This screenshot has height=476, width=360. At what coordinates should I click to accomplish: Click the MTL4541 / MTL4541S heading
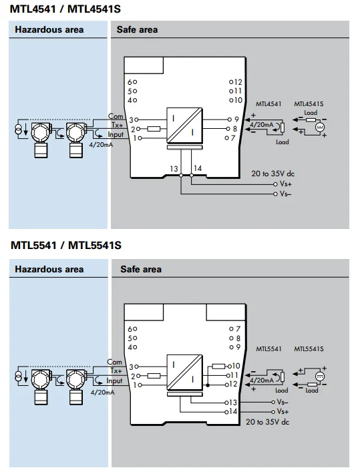click(x=65, y=9)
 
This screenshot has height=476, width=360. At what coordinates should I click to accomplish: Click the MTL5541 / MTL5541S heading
click(x=66, y=245)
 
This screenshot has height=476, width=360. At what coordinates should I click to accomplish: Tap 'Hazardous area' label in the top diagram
click(x=49, y=30)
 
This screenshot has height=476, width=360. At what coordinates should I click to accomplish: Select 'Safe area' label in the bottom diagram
click(x=141, y=269)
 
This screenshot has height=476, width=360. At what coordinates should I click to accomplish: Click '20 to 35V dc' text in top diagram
click(x=273, y=174)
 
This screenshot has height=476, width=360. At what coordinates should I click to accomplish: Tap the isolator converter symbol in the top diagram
click(x=184, y=125)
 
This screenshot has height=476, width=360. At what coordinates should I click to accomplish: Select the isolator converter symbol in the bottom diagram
click(x=184, y=373)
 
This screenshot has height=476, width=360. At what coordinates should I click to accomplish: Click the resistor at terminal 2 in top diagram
click(x=154, y=129)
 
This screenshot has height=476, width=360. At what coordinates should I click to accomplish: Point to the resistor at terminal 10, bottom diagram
click(x=218, y=367)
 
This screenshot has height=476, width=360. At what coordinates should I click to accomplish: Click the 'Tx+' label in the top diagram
click(x=118, y=125)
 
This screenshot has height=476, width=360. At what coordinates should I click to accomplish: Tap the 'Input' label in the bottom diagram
click(x=114, y=381)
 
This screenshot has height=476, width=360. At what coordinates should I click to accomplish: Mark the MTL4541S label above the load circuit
click(x=309, y=104)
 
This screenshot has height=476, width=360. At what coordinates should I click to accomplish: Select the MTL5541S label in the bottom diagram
click(x=309, y=349)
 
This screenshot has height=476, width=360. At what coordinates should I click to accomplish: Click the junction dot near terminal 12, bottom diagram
click(x=208, y=385)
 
